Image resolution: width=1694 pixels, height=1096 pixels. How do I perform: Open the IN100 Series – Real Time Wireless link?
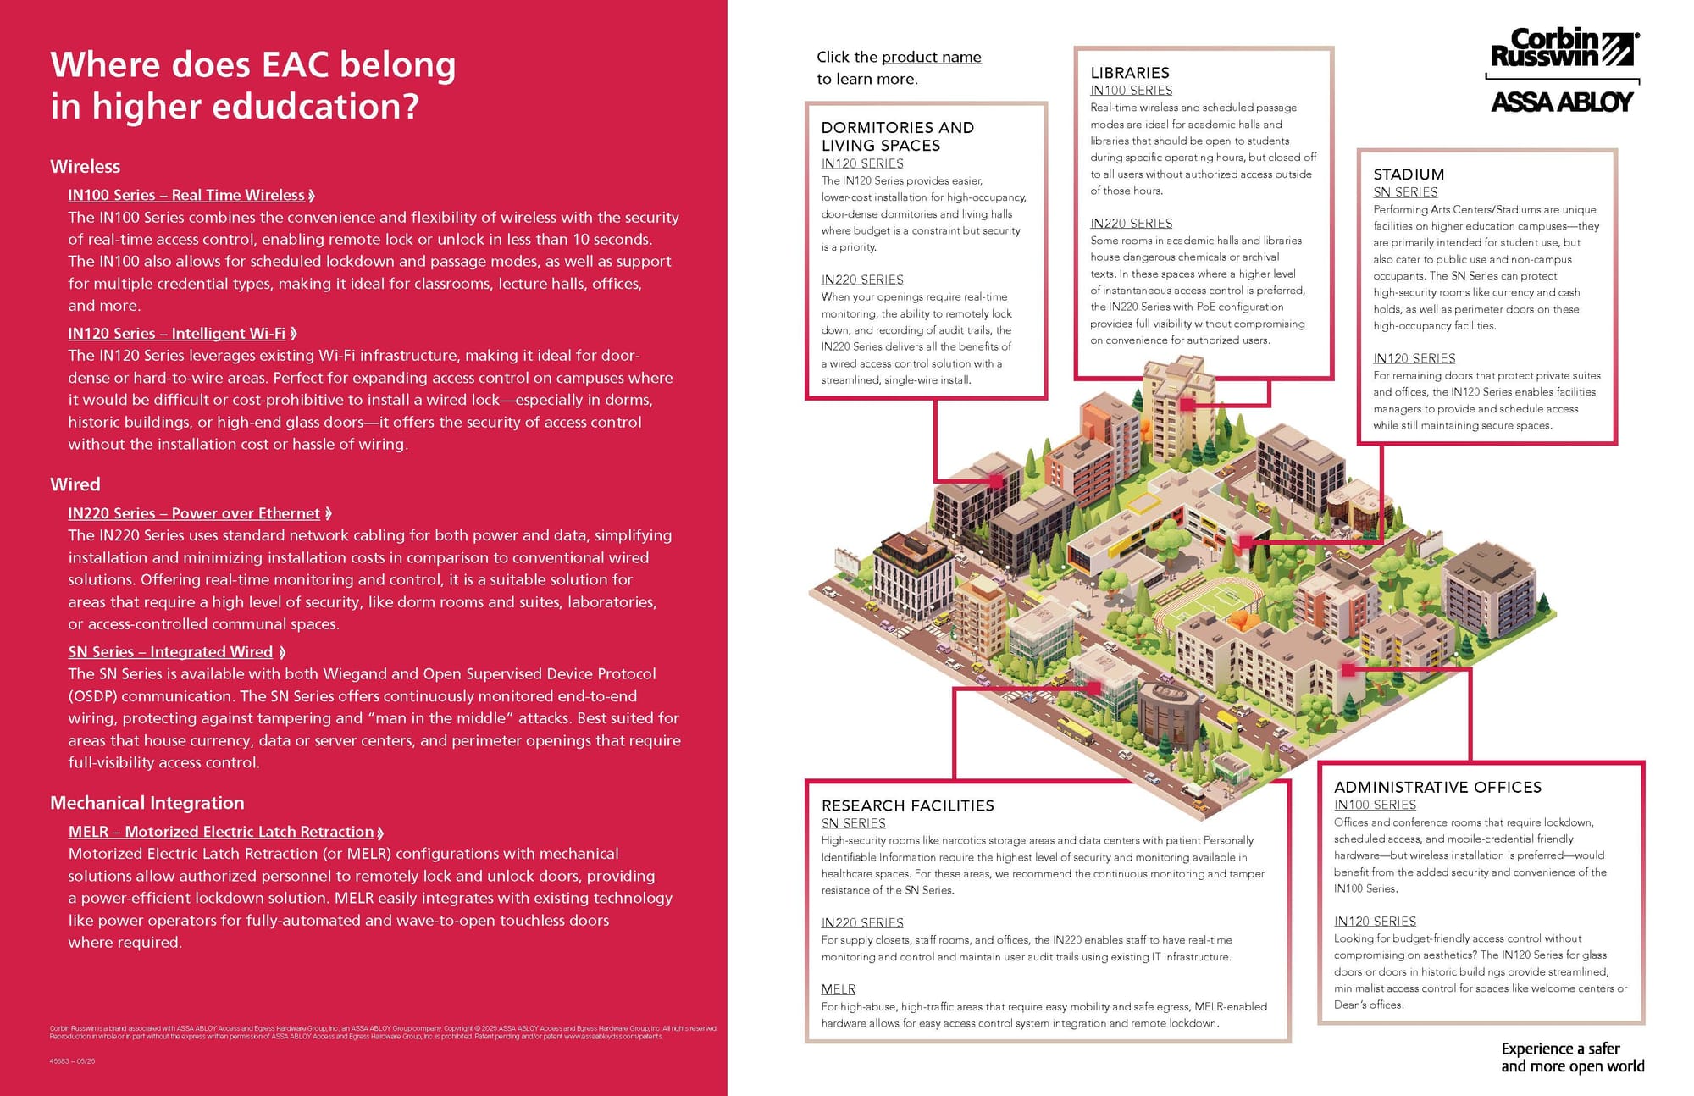pyautogui.click(x=186, y=195)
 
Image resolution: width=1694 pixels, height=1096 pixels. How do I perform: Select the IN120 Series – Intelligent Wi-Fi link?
pyautogui.click(x=177, y=334)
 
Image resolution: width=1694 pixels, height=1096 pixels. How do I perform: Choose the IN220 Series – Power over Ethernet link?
pyautogui.click(x=194, y=513)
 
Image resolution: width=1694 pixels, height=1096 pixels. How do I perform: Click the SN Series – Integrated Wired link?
pyautogui.click(x=170, y=652)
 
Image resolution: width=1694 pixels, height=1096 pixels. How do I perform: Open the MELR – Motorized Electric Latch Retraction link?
pyautogui.click(x=221, y=832)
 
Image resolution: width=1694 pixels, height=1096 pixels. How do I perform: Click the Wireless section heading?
pyautogui.click(x=85, y=167)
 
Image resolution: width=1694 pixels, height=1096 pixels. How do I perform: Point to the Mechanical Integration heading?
pyautogui.click(x=147, y=803)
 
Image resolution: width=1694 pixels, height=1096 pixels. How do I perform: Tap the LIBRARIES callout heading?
pyautogui.click(x=1129, y=73)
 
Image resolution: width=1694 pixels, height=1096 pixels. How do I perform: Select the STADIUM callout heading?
pyautogui.click(x=1409, y=174)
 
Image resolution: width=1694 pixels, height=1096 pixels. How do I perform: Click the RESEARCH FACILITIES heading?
pyautogui.click(x=907, y=805)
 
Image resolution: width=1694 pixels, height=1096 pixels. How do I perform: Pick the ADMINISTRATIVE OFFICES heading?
pyautogui.click(x=1437, y=787)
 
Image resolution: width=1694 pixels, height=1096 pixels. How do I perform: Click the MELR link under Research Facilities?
pyautogui.click(x=838, y=989)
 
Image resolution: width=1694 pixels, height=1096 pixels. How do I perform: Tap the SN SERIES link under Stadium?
pyautogui.click(x=1405, y=192)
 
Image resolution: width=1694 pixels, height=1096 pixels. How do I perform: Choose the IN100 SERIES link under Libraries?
pyautogui.click(x=1131, y=91)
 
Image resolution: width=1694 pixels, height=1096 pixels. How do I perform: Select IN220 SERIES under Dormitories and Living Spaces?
pyautogui.click(x=861, y=280)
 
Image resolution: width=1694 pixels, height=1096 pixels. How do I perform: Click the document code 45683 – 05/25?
pyautogui.click(x=73, y=1060)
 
